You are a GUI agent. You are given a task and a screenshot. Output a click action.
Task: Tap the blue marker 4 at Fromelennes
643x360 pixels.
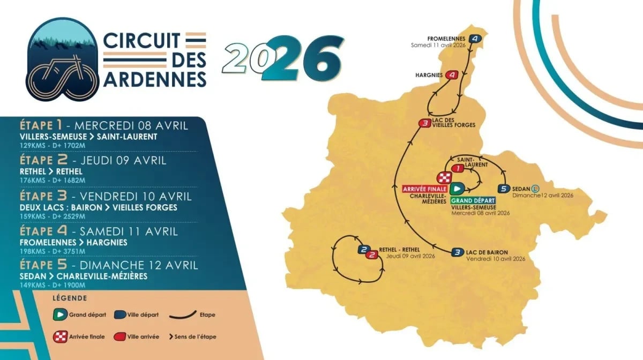point(475,39)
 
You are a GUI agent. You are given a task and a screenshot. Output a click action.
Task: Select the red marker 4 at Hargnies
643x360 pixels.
point(453,76)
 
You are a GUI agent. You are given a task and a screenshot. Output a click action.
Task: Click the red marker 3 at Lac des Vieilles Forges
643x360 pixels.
point(425,124)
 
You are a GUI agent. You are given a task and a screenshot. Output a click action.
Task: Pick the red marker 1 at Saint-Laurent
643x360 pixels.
point(457,168)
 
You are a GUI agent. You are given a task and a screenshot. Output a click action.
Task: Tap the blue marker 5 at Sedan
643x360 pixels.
point(503,189)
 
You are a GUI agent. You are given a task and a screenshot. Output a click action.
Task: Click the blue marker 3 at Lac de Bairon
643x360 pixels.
point(457,252)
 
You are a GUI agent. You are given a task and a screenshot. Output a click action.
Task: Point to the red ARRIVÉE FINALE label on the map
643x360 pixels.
point(425,189)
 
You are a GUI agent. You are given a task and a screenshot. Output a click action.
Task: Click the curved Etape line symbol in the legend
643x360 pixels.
point(182,315)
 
